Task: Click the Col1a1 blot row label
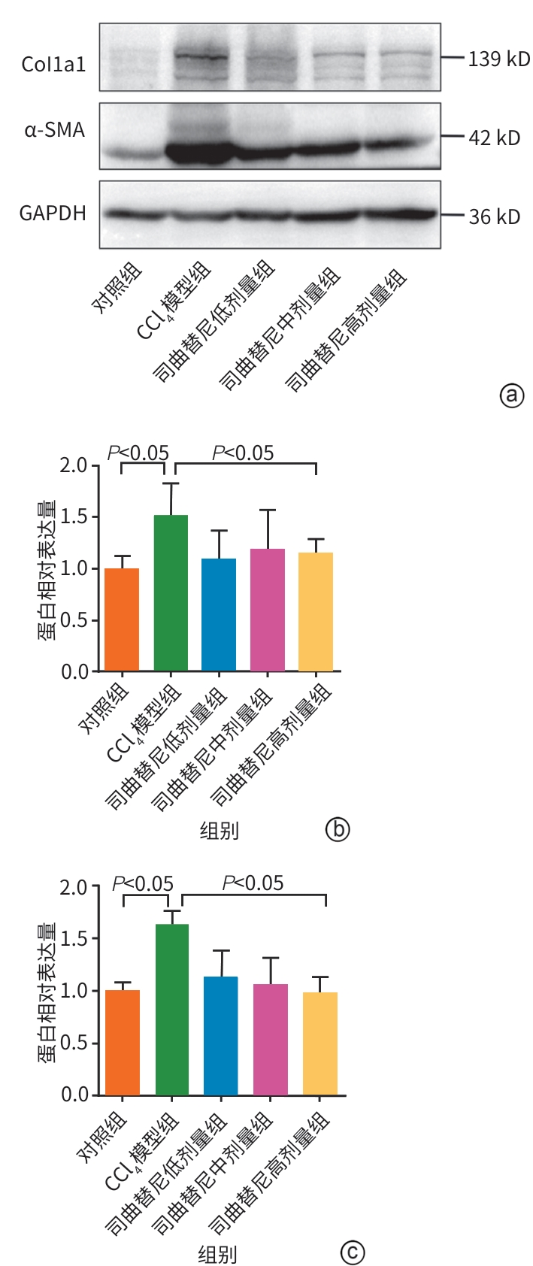[53, 64]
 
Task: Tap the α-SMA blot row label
[54, 131]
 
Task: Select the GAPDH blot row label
[53, 214]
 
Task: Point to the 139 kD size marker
[498, 59]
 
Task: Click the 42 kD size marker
[494, 138]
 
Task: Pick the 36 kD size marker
[494, 217]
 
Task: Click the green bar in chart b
[171, 592]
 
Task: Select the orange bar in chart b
[122, 619]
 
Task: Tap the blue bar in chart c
[220, 1035]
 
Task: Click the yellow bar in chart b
[316, 611]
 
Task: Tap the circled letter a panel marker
[511, 395]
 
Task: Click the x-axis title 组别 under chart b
[219, 830]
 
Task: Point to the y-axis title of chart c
[47, 992]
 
